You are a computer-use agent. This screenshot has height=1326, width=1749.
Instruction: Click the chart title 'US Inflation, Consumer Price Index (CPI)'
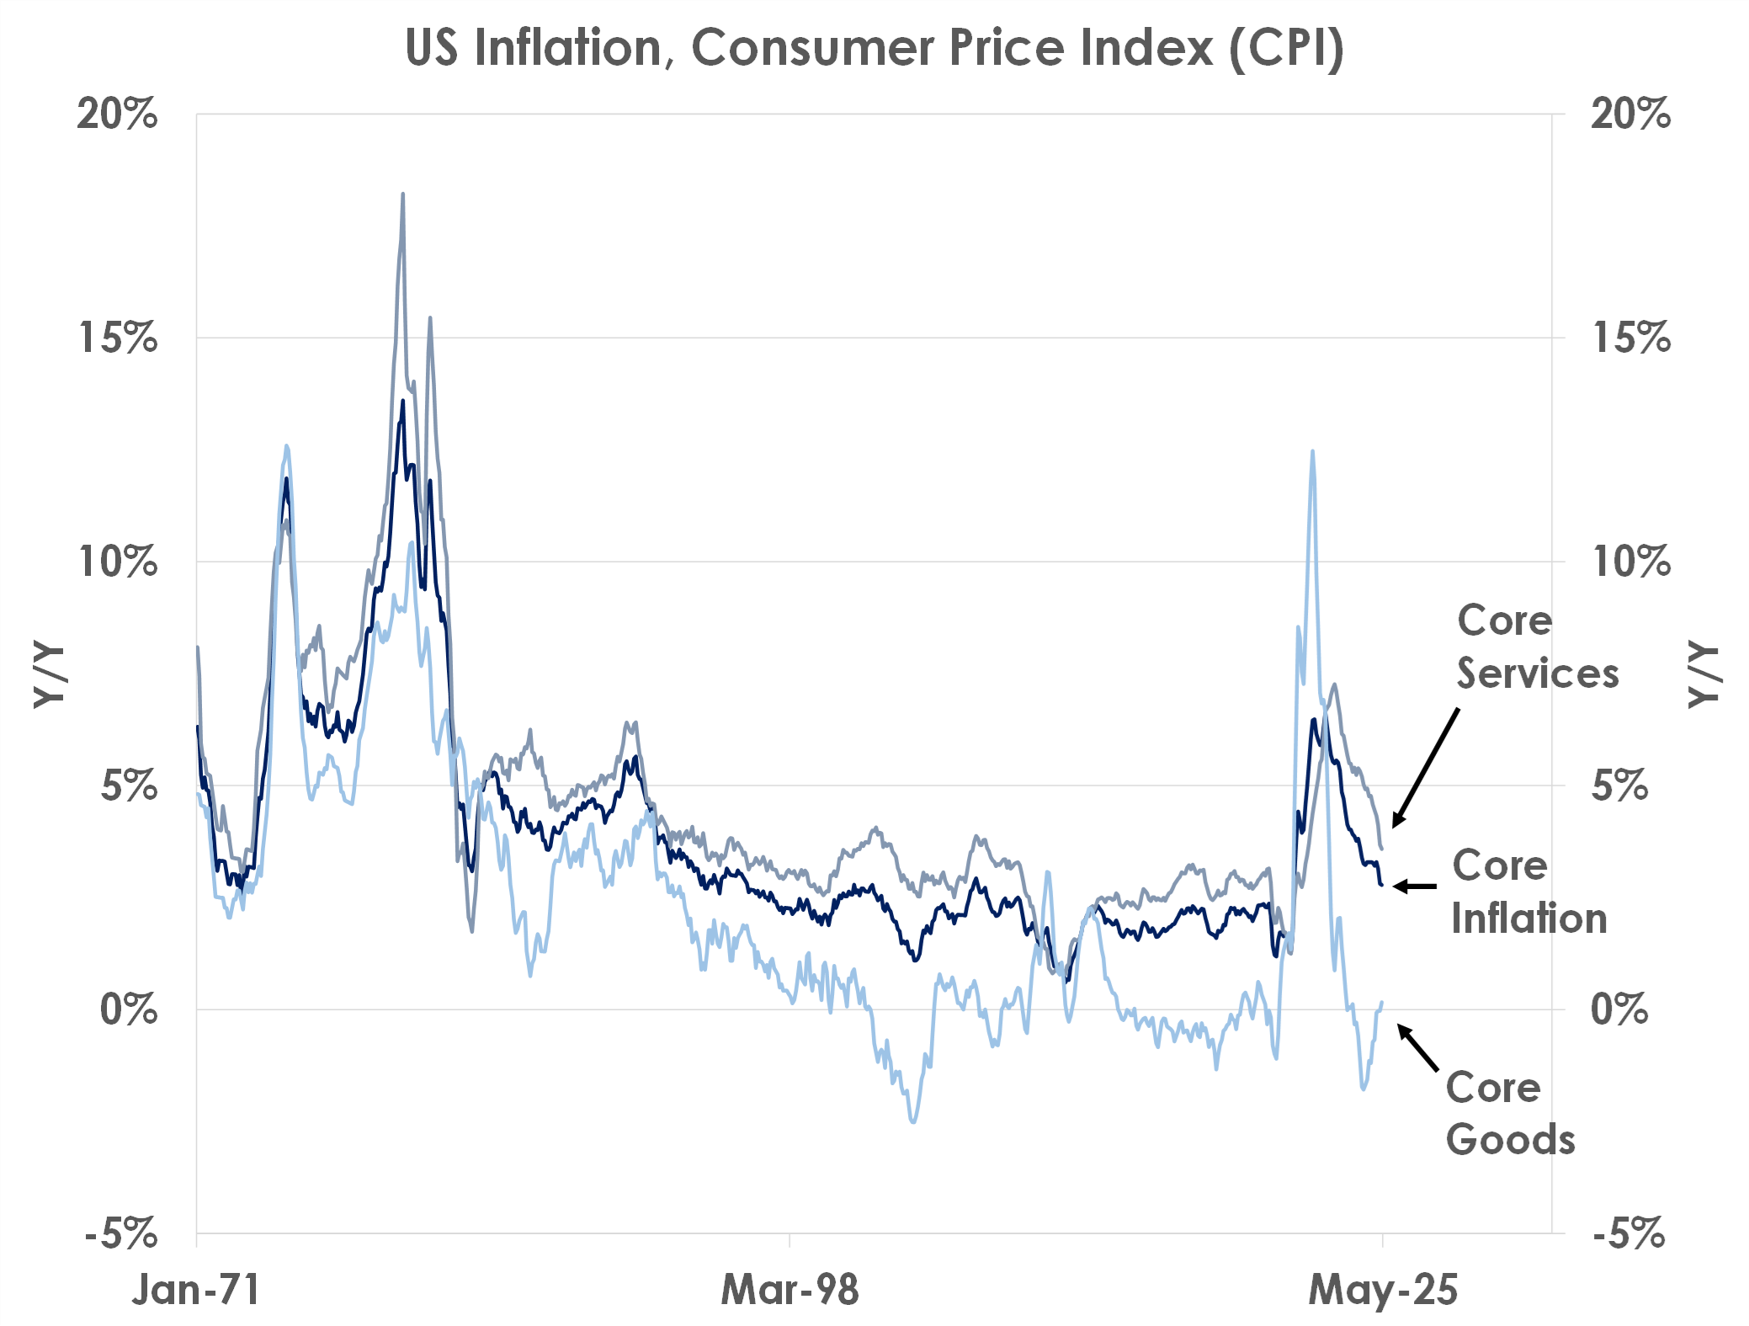point(874,48)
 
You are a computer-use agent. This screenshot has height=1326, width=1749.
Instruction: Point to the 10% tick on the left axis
point(118,562)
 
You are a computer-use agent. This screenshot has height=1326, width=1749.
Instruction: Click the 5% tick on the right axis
point(1619,785)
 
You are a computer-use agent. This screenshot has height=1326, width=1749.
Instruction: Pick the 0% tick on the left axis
point(128,1009)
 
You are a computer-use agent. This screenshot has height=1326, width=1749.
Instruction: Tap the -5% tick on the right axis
point(1628,1234)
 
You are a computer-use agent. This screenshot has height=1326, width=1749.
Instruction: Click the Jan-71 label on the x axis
point(195,1289)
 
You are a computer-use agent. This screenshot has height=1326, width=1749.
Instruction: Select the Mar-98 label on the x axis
point(789,1289)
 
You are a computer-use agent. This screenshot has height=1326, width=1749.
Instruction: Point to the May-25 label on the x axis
point(1383,1289)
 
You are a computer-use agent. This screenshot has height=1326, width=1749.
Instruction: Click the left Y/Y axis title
point(49,674)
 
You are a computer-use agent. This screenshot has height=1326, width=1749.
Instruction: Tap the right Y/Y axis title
point(1704,674)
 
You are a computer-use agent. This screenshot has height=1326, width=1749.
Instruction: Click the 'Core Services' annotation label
point(1537,647)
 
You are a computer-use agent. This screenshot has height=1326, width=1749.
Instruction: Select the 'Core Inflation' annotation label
point(1528,892)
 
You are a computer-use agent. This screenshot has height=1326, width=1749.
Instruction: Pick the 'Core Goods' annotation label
point(1510,1113)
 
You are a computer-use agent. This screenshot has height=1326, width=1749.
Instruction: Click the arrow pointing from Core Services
point(1426,767)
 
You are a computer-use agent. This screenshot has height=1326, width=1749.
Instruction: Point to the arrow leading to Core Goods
point(1418,1047)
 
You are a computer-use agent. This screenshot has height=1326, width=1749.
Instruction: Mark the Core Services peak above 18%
point(402,195)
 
